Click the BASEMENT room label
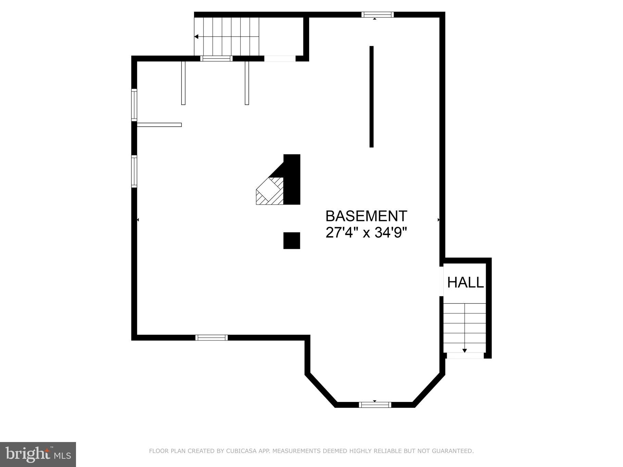tap(366, 216)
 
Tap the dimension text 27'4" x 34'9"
tap(366, 233)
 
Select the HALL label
tap(465, 283)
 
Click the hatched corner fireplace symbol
tap(269, 192)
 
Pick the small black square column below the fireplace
tap(292, 241)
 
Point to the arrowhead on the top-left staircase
tap(196, 37)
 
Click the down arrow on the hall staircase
tap(465, 350)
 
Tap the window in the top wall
tap(378, 14)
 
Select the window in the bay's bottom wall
tap(375, 405)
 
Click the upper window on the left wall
tap(134, 105)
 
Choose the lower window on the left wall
tap(134, 171)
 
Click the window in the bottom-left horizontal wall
tap(211, 338)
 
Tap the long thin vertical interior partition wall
tap(371, 96)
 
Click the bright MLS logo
tap(38, 454)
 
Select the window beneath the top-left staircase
tap(216, 59)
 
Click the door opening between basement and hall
tap(442, 281)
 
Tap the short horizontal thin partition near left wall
tap(159, 125)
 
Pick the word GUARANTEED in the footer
tap(453, 451)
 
